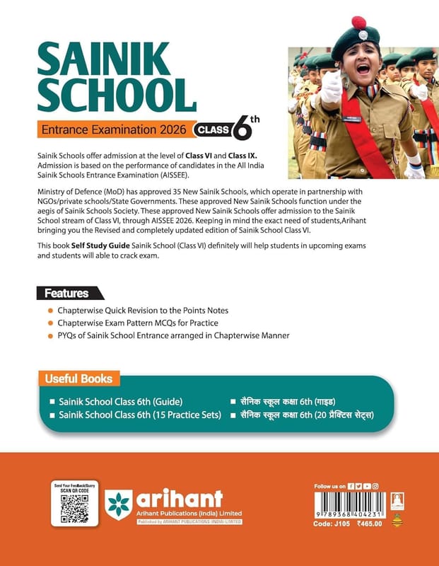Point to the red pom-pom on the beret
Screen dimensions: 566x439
point(359,23)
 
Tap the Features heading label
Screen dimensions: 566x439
point(67,293)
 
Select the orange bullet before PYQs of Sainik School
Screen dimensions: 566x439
point(50,336)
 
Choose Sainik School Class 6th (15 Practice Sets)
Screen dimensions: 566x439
point(141,415)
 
